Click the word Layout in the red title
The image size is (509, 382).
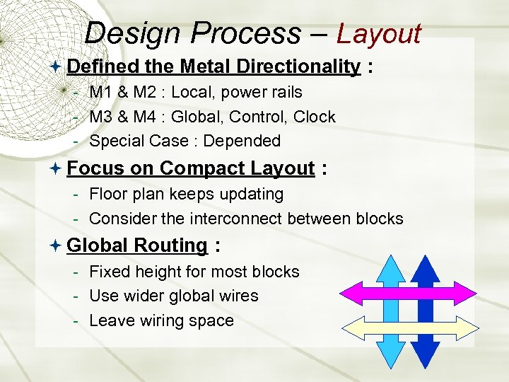tap(379, 33)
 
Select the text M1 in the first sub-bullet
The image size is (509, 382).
tap(101, 92)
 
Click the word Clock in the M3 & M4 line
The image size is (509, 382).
tap(314, 117)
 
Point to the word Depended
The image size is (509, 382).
tap(242, 141)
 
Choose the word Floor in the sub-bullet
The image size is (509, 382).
tap(107, 194)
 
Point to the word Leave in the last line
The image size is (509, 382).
tap(111, 320)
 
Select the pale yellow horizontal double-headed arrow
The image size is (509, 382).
tap(406, 327)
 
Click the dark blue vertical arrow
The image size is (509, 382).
tap(425, 269)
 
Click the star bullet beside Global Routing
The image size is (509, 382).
tap(57, 245)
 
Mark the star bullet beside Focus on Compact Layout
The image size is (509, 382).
tap(57, 168)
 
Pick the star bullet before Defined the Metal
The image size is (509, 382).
tap(57, 66)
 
